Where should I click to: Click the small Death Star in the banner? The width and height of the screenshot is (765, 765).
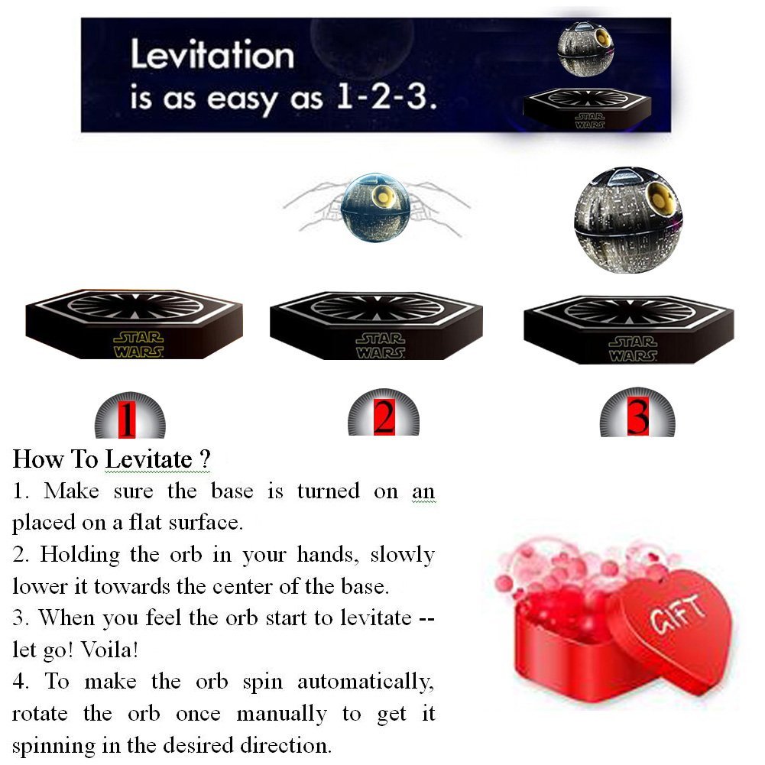tap(585, 50)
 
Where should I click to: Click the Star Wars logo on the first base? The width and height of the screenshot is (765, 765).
tap(138, 344)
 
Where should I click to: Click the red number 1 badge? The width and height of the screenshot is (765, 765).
tap(129, 420)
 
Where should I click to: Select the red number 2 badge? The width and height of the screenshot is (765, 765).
tap(384, 418)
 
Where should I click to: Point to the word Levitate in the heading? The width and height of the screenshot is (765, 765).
tap(148, 459)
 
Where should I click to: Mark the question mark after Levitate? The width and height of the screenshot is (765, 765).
tap(204, 459)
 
